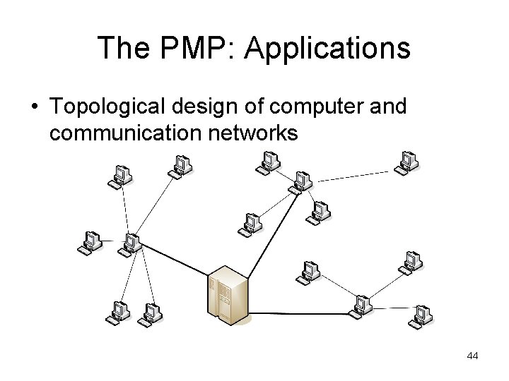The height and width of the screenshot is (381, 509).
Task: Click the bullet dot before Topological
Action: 34,108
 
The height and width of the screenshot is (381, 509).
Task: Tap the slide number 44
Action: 472,356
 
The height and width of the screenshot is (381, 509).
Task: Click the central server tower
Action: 227,292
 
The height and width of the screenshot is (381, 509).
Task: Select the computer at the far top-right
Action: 405,162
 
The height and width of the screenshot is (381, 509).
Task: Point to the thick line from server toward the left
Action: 177,259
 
